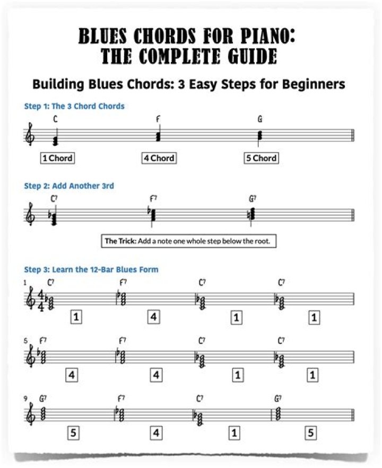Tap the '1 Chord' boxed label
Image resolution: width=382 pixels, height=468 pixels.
point(57,157)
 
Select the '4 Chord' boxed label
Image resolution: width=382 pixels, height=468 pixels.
point(158,157)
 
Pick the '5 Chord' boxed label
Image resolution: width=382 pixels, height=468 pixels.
point(261,157)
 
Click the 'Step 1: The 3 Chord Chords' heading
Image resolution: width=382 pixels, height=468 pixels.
point(74,106)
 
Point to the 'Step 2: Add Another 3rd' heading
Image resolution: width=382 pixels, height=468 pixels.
point(69,186)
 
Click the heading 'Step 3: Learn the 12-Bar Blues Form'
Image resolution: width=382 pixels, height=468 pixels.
point(91,269)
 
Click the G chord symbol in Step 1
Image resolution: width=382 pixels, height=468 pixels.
point(260,119)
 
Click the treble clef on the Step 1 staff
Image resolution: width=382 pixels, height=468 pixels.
point(31,136)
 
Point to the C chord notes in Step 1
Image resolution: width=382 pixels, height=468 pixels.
point(55,140)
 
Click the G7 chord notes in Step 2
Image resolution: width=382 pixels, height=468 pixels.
point(253,214)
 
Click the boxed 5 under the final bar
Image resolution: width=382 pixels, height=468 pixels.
point(311,432)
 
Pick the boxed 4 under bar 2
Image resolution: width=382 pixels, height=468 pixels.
point(154,317)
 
